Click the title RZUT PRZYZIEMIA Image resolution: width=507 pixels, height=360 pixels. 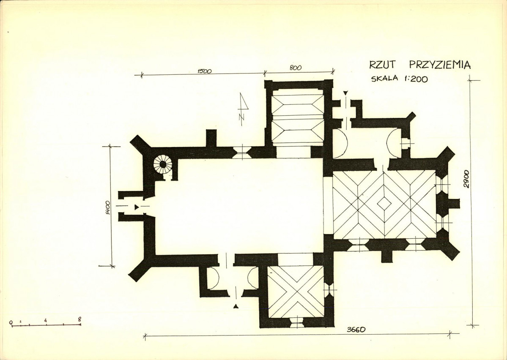420,65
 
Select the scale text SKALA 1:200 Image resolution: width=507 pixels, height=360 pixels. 399,79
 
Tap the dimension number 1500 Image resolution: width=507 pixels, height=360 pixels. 204,71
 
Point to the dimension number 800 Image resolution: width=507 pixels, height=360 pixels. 295,68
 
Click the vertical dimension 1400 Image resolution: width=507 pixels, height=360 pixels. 108,208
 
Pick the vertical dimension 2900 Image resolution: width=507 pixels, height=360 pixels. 466,179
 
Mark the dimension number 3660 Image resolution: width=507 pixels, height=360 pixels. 356,330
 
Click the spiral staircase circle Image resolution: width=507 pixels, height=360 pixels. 163,164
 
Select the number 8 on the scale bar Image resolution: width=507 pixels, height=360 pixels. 79,319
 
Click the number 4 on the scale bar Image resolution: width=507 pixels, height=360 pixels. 46,320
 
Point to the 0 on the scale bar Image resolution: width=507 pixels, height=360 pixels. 11,322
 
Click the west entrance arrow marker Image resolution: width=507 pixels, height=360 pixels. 137,206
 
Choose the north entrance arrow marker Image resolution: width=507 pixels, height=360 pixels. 345,93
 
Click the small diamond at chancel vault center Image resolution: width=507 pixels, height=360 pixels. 384,204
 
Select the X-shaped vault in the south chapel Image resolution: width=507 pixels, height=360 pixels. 296,292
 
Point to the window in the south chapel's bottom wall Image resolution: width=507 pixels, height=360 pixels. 296,322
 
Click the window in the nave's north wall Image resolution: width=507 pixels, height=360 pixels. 241,153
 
